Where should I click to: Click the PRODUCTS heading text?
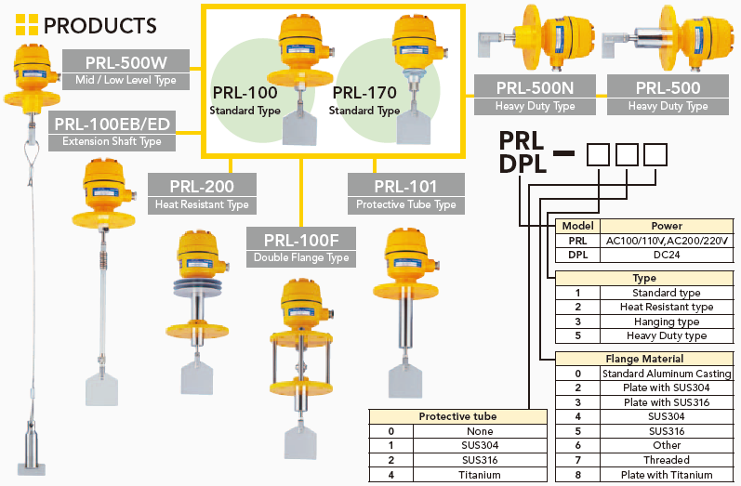coord(99,25)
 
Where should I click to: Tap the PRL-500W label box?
coord(126,71)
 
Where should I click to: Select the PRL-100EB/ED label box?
coord(112,131)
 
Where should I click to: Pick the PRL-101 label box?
coord(405,193)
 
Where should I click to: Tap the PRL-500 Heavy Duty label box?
coord(668,96)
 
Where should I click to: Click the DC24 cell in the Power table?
coord(668,254)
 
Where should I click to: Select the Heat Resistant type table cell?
coord(667,307)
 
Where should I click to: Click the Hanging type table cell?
coord(667,322)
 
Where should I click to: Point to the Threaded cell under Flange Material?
coord(667,460)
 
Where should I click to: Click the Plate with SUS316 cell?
coord(667,402)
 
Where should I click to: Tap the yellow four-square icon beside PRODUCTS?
coord(23,25)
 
